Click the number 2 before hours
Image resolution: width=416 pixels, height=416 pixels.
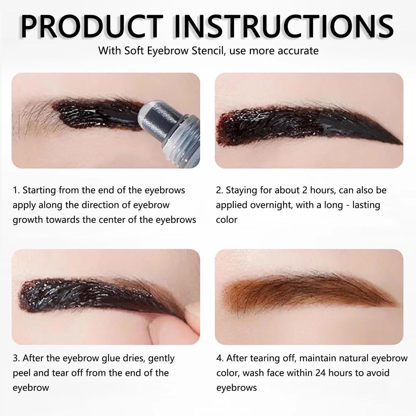coord(305,190)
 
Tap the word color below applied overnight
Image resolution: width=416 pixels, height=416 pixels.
coord(227,220)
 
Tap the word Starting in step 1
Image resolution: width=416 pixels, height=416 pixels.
coord(39,191)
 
